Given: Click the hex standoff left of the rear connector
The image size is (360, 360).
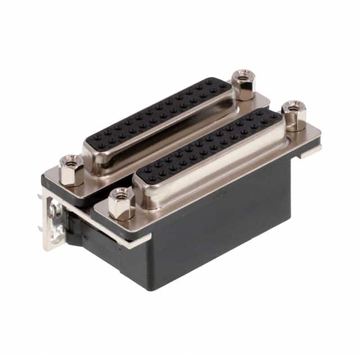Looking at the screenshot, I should click(x=71, y=171).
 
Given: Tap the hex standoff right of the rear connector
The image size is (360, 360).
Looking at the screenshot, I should click(x=243, y=85).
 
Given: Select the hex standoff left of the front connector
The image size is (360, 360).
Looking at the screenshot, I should click(x=120, y=204).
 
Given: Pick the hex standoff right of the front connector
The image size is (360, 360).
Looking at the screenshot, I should click(x=293, y=116).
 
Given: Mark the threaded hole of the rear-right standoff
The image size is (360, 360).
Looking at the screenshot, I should click(x=243, y=74).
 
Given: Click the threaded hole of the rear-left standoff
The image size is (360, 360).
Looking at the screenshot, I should click(x=71, y=161).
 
